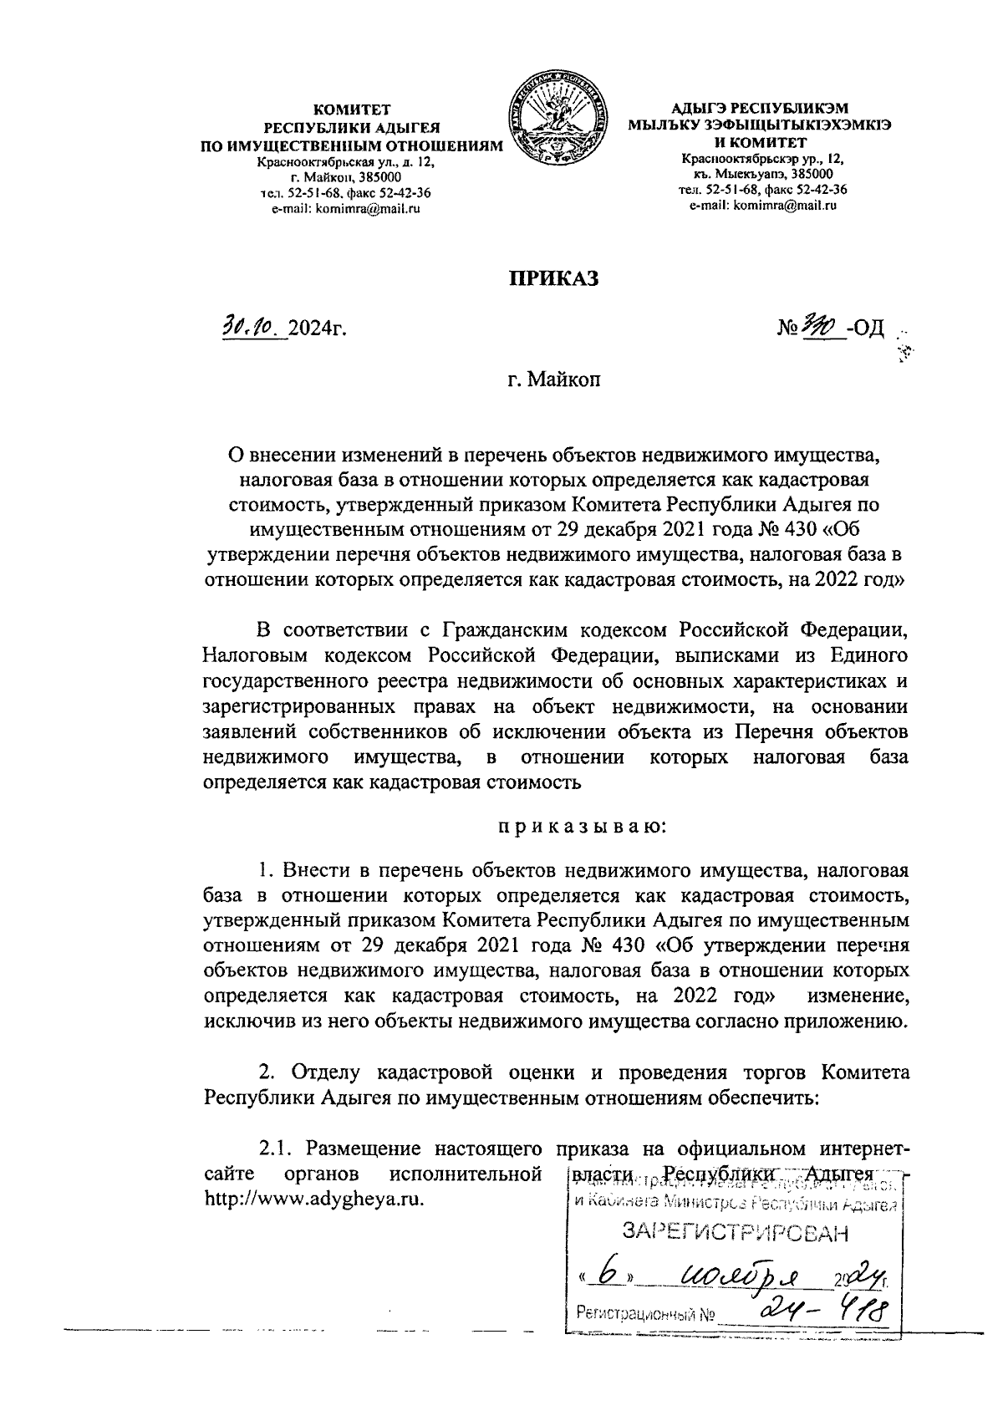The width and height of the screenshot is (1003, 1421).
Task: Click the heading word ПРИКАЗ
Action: [556, 279]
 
